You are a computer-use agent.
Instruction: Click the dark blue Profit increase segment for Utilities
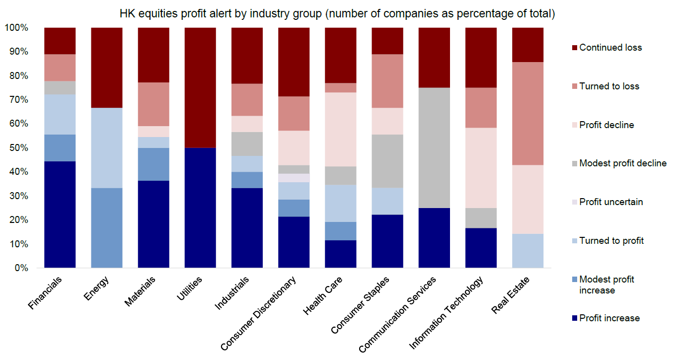click(200, 208)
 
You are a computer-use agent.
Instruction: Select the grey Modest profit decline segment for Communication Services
click(434, 148)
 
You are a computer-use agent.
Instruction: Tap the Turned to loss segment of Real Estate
click(527, 113)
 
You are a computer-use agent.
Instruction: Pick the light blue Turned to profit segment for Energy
click(107, 148)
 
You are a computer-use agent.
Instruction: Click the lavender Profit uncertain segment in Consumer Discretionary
click(294, 178)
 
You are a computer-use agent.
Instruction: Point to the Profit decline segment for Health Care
click(340, 129)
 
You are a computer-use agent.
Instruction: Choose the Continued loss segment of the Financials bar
click(60, 41)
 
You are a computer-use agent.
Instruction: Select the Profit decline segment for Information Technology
click(481, 168)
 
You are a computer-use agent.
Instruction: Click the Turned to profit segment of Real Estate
click(527, 251)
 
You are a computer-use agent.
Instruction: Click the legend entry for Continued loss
click(610, 48)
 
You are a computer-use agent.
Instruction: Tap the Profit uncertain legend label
click(611, 202)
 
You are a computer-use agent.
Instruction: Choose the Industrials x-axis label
click(232, 293)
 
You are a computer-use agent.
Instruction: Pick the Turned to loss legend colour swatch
click(575, 86)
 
